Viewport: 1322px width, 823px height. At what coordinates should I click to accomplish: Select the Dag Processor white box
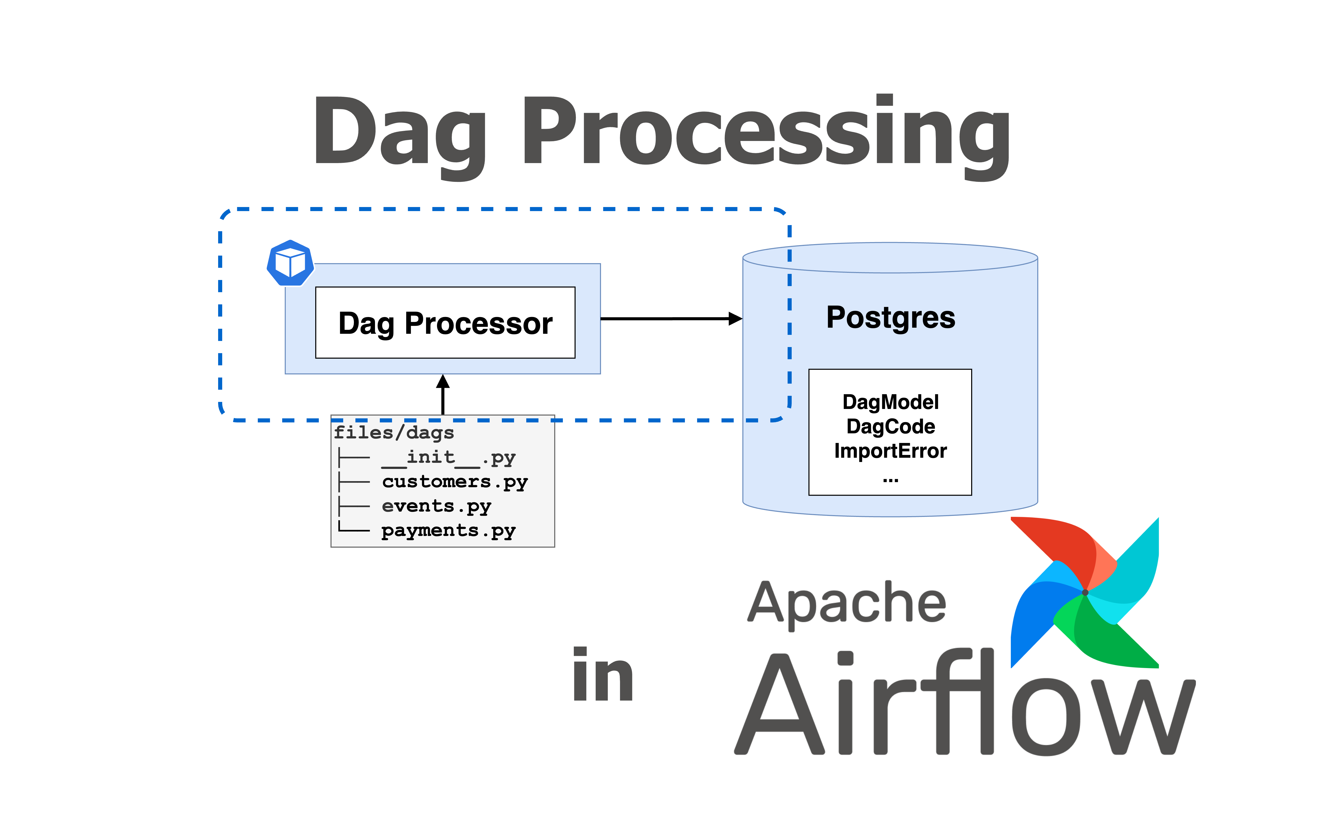pos(445,323)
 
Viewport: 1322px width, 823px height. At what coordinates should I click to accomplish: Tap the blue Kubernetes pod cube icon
pos(290,263)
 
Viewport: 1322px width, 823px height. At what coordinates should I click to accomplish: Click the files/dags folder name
pos(394,433)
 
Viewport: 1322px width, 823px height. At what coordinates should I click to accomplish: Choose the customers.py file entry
pos(454,482)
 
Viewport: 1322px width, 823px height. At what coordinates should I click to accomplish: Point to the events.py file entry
pos(436,506)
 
